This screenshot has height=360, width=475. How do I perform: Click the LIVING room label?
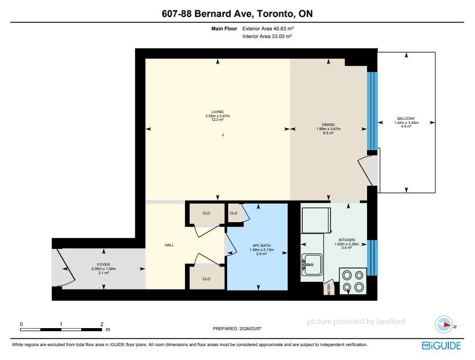(x=217, y=112)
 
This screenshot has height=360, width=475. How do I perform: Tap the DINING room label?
(x=328, y=124)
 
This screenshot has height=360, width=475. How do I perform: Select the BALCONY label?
(x=406, y=118)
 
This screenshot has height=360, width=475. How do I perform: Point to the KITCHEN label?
(x=346, y=240)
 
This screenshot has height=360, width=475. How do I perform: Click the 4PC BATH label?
(x=262, y=245)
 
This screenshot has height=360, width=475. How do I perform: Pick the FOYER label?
(x=103, y=264)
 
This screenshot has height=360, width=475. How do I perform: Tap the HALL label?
(x=169, y=245)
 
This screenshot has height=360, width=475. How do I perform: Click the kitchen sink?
(x=312, y=264)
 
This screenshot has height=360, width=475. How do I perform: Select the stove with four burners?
(x=353, y=281)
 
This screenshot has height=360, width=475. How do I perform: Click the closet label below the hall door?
(x=206, y=279)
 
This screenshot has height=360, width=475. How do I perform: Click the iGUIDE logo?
(x=442, y=346)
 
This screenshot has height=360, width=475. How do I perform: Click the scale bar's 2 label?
(x=102, y=324)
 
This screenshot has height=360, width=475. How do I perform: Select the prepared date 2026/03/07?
(x=250, y=329)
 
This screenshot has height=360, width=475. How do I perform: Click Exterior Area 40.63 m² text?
(x=268, y=28)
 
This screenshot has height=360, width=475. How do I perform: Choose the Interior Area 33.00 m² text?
(x=267, y=36)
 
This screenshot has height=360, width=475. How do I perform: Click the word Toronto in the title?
(x=276, y=14)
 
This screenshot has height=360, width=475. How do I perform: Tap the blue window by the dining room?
(x=372, y=111)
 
